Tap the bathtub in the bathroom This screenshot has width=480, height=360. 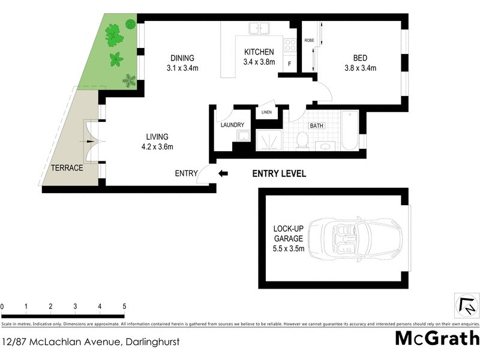click(x=349, y=131)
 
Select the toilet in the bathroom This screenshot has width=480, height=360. click(x=302, y=140)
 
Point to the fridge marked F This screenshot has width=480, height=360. click(x=289, y=64)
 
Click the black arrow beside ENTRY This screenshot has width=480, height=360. click(x=223, y=174)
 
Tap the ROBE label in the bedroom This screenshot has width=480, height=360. click(x=309, y=40)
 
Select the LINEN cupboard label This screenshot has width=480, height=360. click(x=266, y=112)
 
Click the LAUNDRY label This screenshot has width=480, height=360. click(x=232, y=125)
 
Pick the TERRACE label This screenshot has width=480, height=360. click(x=66, y=168)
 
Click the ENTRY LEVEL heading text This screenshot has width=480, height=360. click(x=279, y=174)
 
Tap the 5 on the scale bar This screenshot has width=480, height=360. click(x=124, y=307)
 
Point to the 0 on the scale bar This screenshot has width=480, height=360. click(x=2, y=307)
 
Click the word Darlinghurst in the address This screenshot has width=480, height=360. click(x=152, y=342)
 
